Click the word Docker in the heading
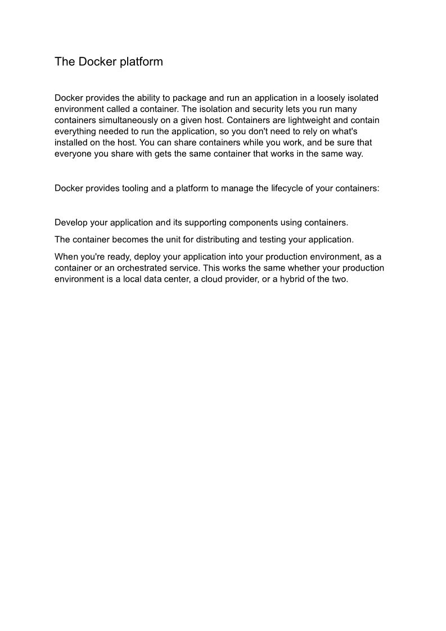point(97,62)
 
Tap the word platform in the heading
point(141,62)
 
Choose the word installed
point(71,143)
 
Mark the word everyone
point(73,154)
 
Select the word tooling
point(137,188)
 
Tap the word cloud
point(213,280)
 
